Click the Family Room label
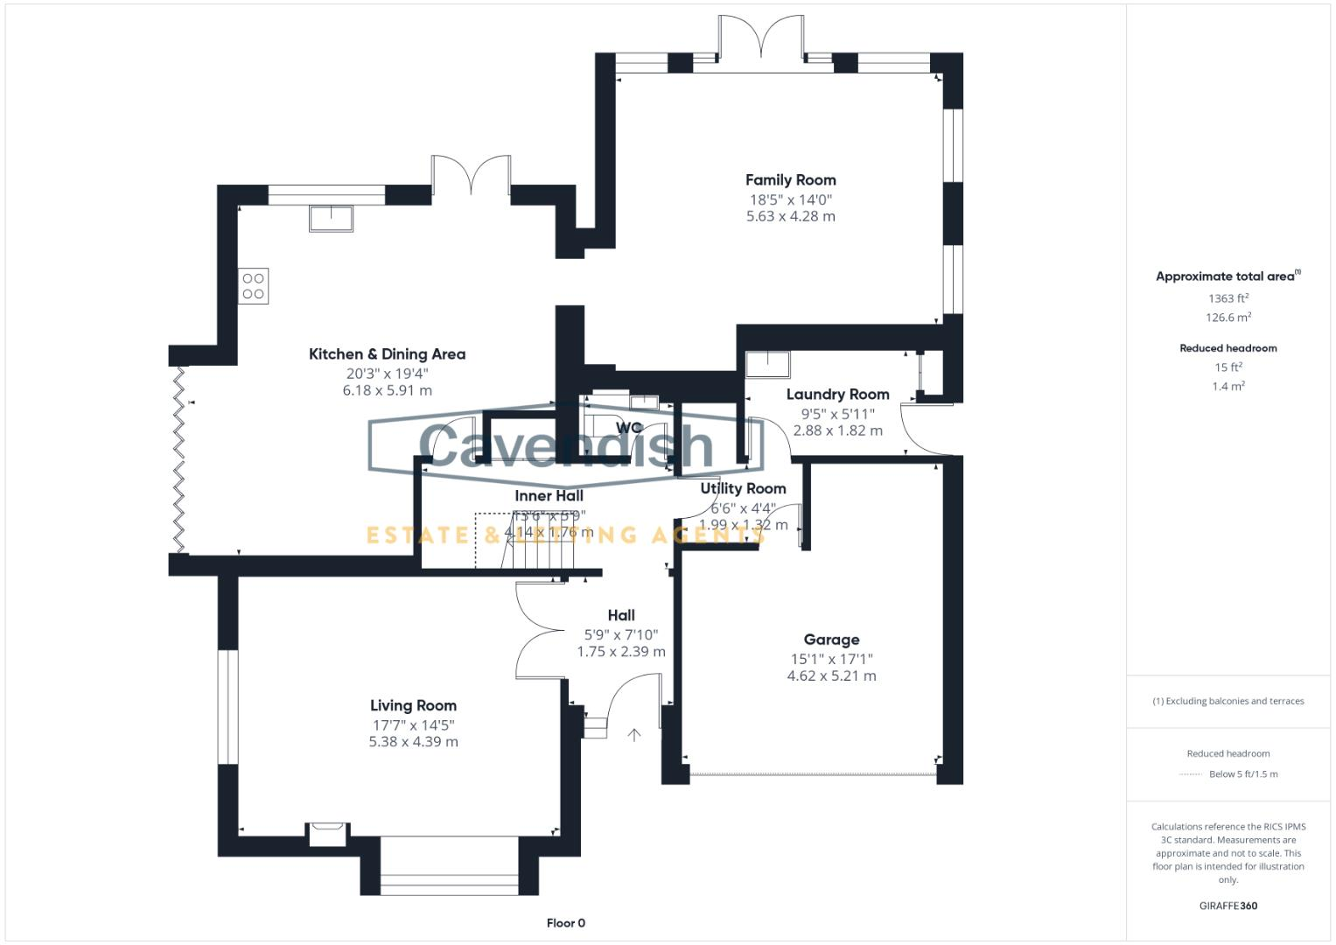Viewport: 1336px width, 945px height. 790,180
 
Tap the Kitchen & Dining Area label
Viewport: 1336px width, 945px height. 387,354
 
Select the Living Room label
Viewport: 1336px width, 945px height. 413,705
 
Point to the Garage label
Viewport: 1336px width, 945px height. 831,640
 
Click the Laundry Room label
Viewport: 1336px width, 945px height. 837,395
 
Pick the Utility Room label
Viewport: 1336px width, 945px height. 743,488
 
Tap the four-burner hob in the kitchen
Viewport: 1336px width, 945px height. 254,286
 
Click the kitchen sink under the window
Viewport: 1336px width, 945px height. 331,218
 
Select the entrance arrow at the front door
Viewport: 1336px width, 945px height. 633,735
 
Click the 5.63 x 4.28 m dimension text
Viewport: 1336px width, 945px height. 790,216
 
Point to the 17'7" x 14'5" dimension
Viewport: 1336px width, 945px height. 413,724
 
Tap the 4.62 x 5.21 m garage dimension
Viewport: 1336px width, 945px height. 831,675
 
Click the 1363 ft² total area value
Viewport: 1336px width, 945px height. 1228,298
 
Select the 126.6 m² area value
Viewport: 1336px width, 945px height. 1228,318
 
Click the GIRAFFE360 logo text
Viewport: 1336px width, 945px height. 1228,906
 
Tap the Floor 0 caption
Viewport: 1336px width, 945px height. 565,923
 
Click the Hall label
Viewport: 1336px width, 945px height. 621,615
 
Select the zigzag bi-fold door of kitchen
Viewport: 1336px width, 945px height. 179,460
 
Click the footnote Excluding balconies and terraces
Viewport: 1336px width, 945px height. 1228,701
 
